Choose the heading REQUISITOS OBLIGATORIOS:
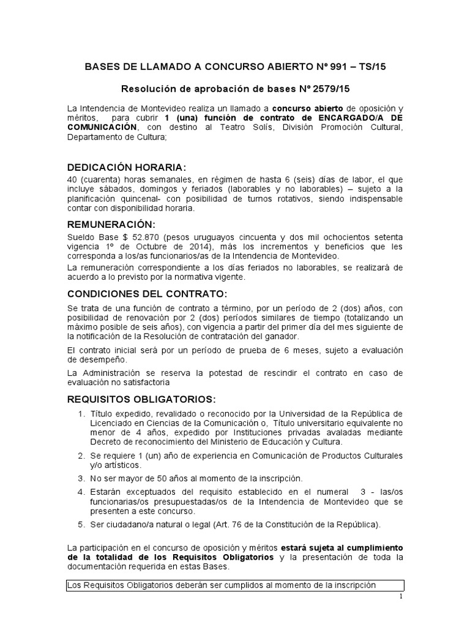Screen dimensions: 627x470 pos(141,399)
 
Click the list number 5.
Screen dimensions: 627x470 pos(81,524)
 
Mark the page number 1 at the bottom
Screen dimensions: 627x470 pos(400,596)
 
